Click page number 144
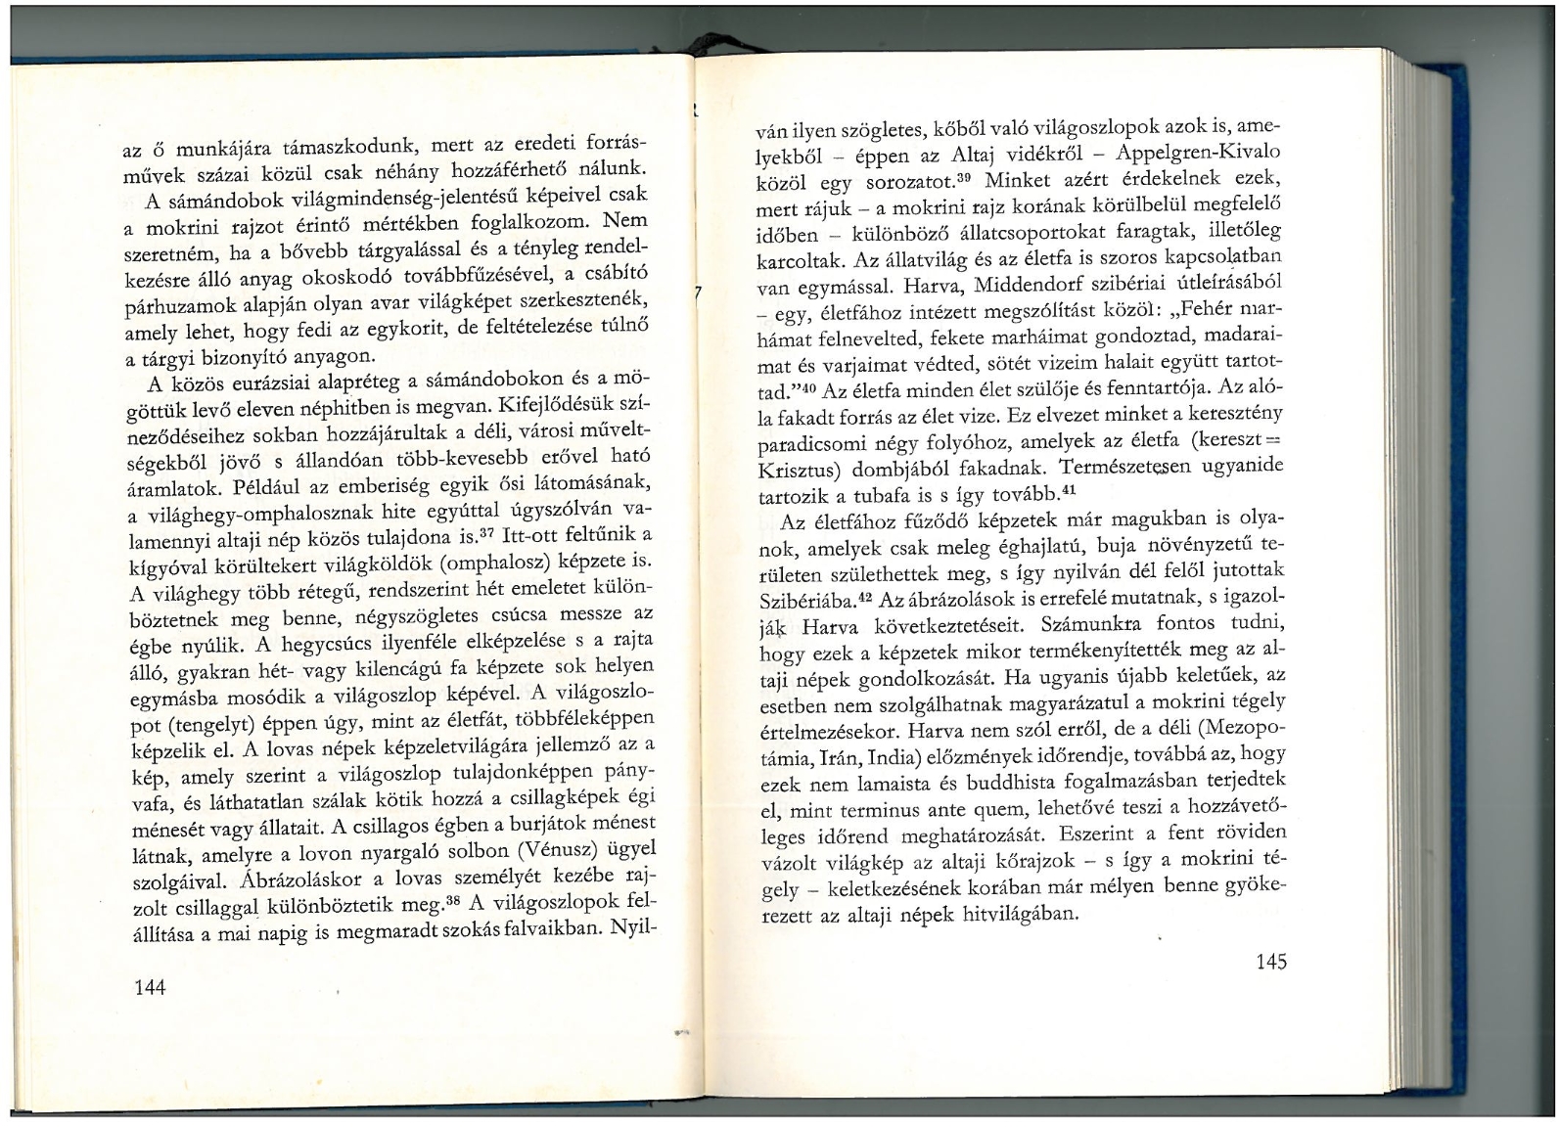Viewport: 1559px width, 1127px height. [x=150, y=987]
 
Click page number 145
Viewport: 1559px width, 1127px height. [x=1270, y=962]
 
